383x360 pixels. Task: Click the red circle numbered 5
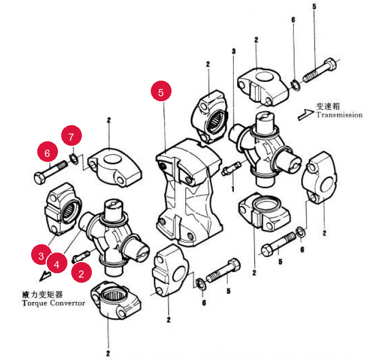click(x=161, y=91)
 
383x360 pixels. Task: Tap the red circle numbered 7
click(x=71, y=136)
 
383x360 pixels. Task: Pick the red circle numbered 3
click(x=41, y=255)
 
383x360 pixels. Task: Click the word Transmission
click(x=340, y=115)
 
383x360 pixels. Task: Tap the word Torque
click(x=34, y=303)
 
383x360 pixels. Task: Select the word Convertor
click(x=68, y=303)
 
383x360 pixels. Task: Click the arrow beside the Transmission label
click(x=305, y=115)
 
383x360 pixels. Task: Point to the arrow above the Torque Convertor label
click(x=45, y=276)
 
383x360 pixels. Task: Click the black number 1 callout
click(x=233, y=189)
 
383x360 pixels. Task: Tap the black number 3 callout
click(x=234, y=51)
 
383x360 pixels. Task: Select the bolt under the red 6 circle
click(x=51, y=172)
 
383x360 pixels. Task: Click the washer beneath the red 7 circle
click(x=74, y=159)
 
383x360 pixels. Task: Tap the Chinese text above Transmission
click(x=328, y=106)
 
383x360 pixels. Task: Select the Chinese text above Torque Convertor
click(x=42, y=294)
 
